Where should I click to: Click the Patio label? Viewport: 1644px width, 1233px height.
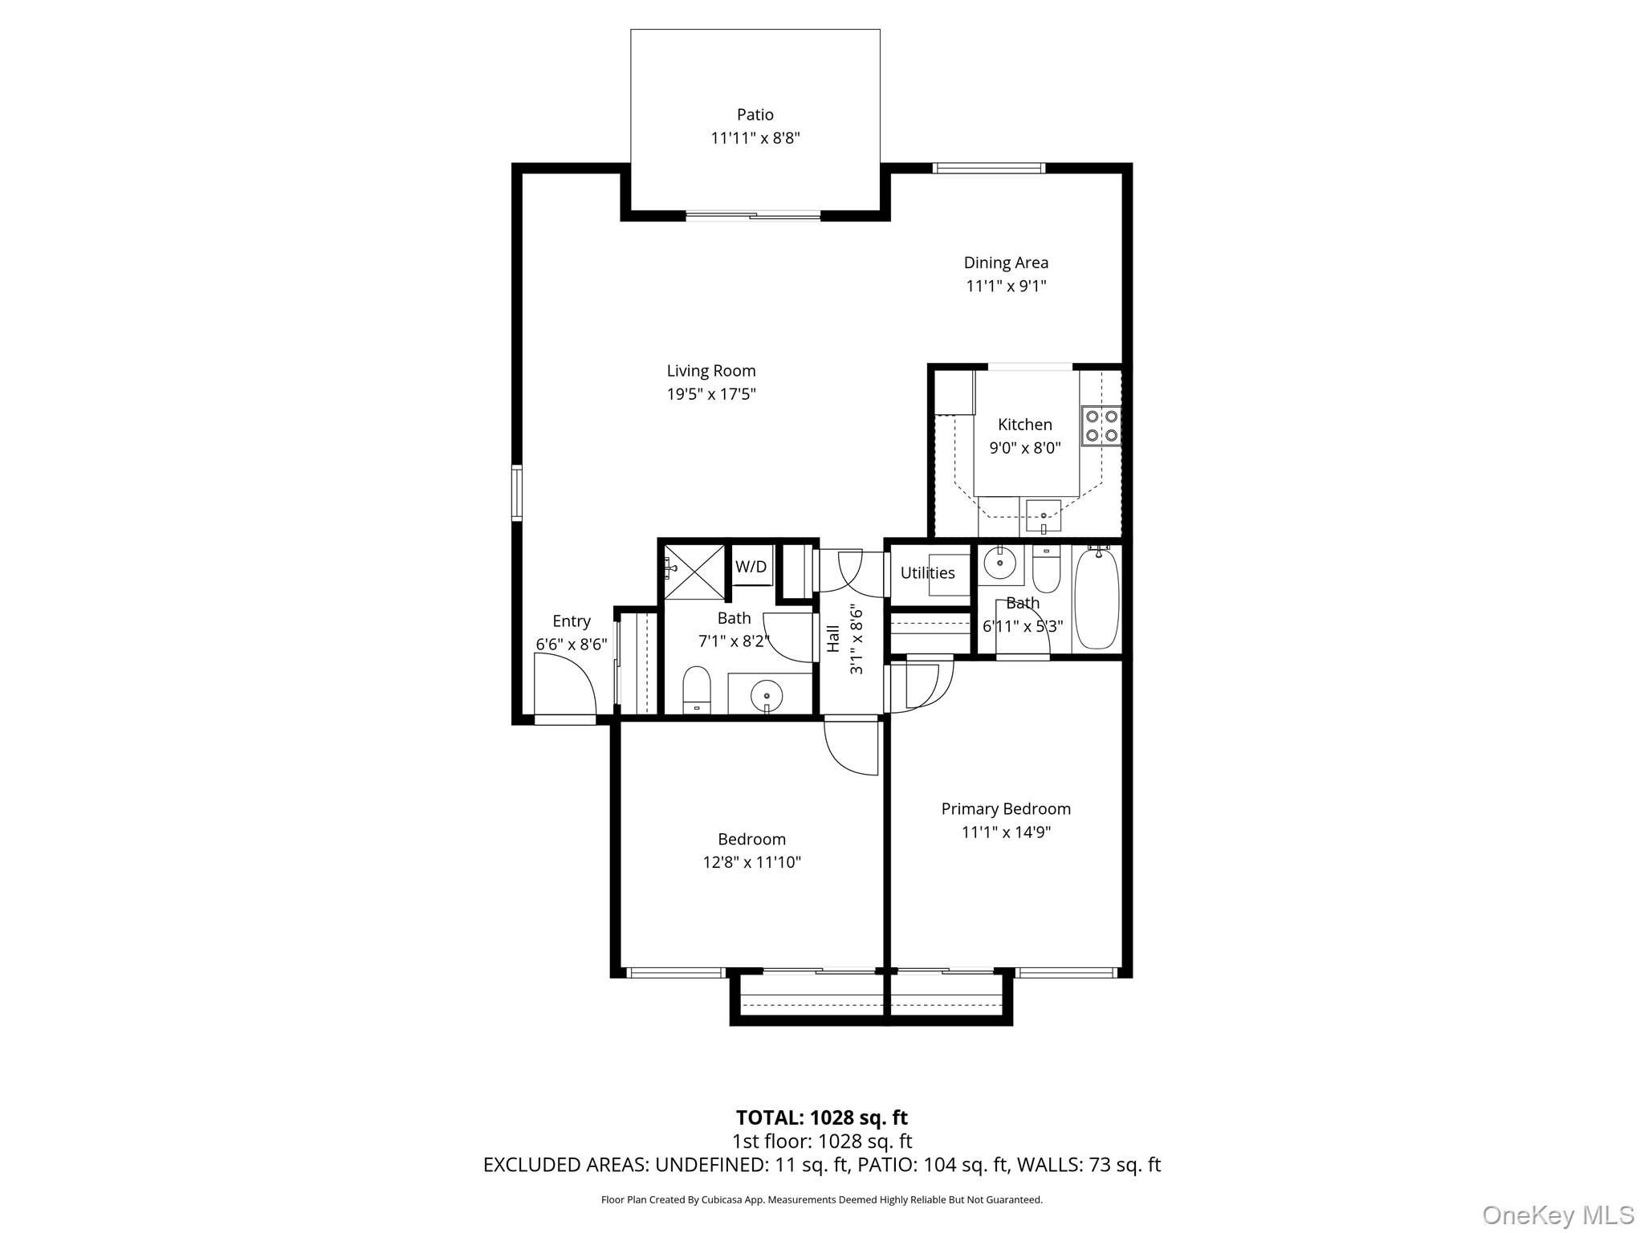[755, 115]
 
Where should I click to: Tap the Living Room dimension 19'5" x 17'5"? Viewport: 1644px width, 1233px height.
[711, 394]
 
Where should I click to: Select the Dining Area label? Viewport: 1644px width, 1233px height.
[1006, 262]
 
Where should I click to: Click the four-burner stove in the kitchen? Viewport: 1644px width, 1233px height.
[1101, 426]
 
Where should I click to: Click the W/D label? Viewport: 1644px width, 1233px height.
[751, 567]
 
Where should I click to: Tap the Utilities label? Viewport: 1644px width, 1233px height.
[927, 573]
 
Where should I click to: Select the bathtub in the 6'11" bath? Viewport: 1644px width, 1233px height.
[1096, 598]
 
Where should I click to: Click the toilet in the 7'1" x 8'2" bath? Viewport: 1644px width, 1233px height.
[697, 690]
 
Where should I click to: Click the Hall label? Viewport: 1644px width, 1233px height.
[833, 639]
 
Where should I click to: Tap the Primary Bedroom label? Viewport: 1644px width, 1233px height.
[1006, 809]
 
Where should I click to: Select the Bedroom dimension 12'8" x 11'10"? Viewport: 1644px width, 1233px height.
[751, 863]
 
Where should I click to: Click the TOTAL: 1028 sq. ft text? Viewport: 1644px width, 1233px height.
[821, 1117]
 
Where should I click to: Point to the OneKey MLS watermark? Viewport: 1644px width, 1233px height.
[1557, 1215]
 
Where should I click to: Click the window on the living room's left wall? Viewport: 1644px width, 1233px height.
[517, 493]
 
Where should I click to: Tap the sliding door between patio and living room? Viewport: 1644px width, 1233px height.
[753, 215]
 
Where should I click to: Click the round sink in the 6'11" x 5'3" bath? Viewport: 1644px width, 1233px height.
[1000, 563]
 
